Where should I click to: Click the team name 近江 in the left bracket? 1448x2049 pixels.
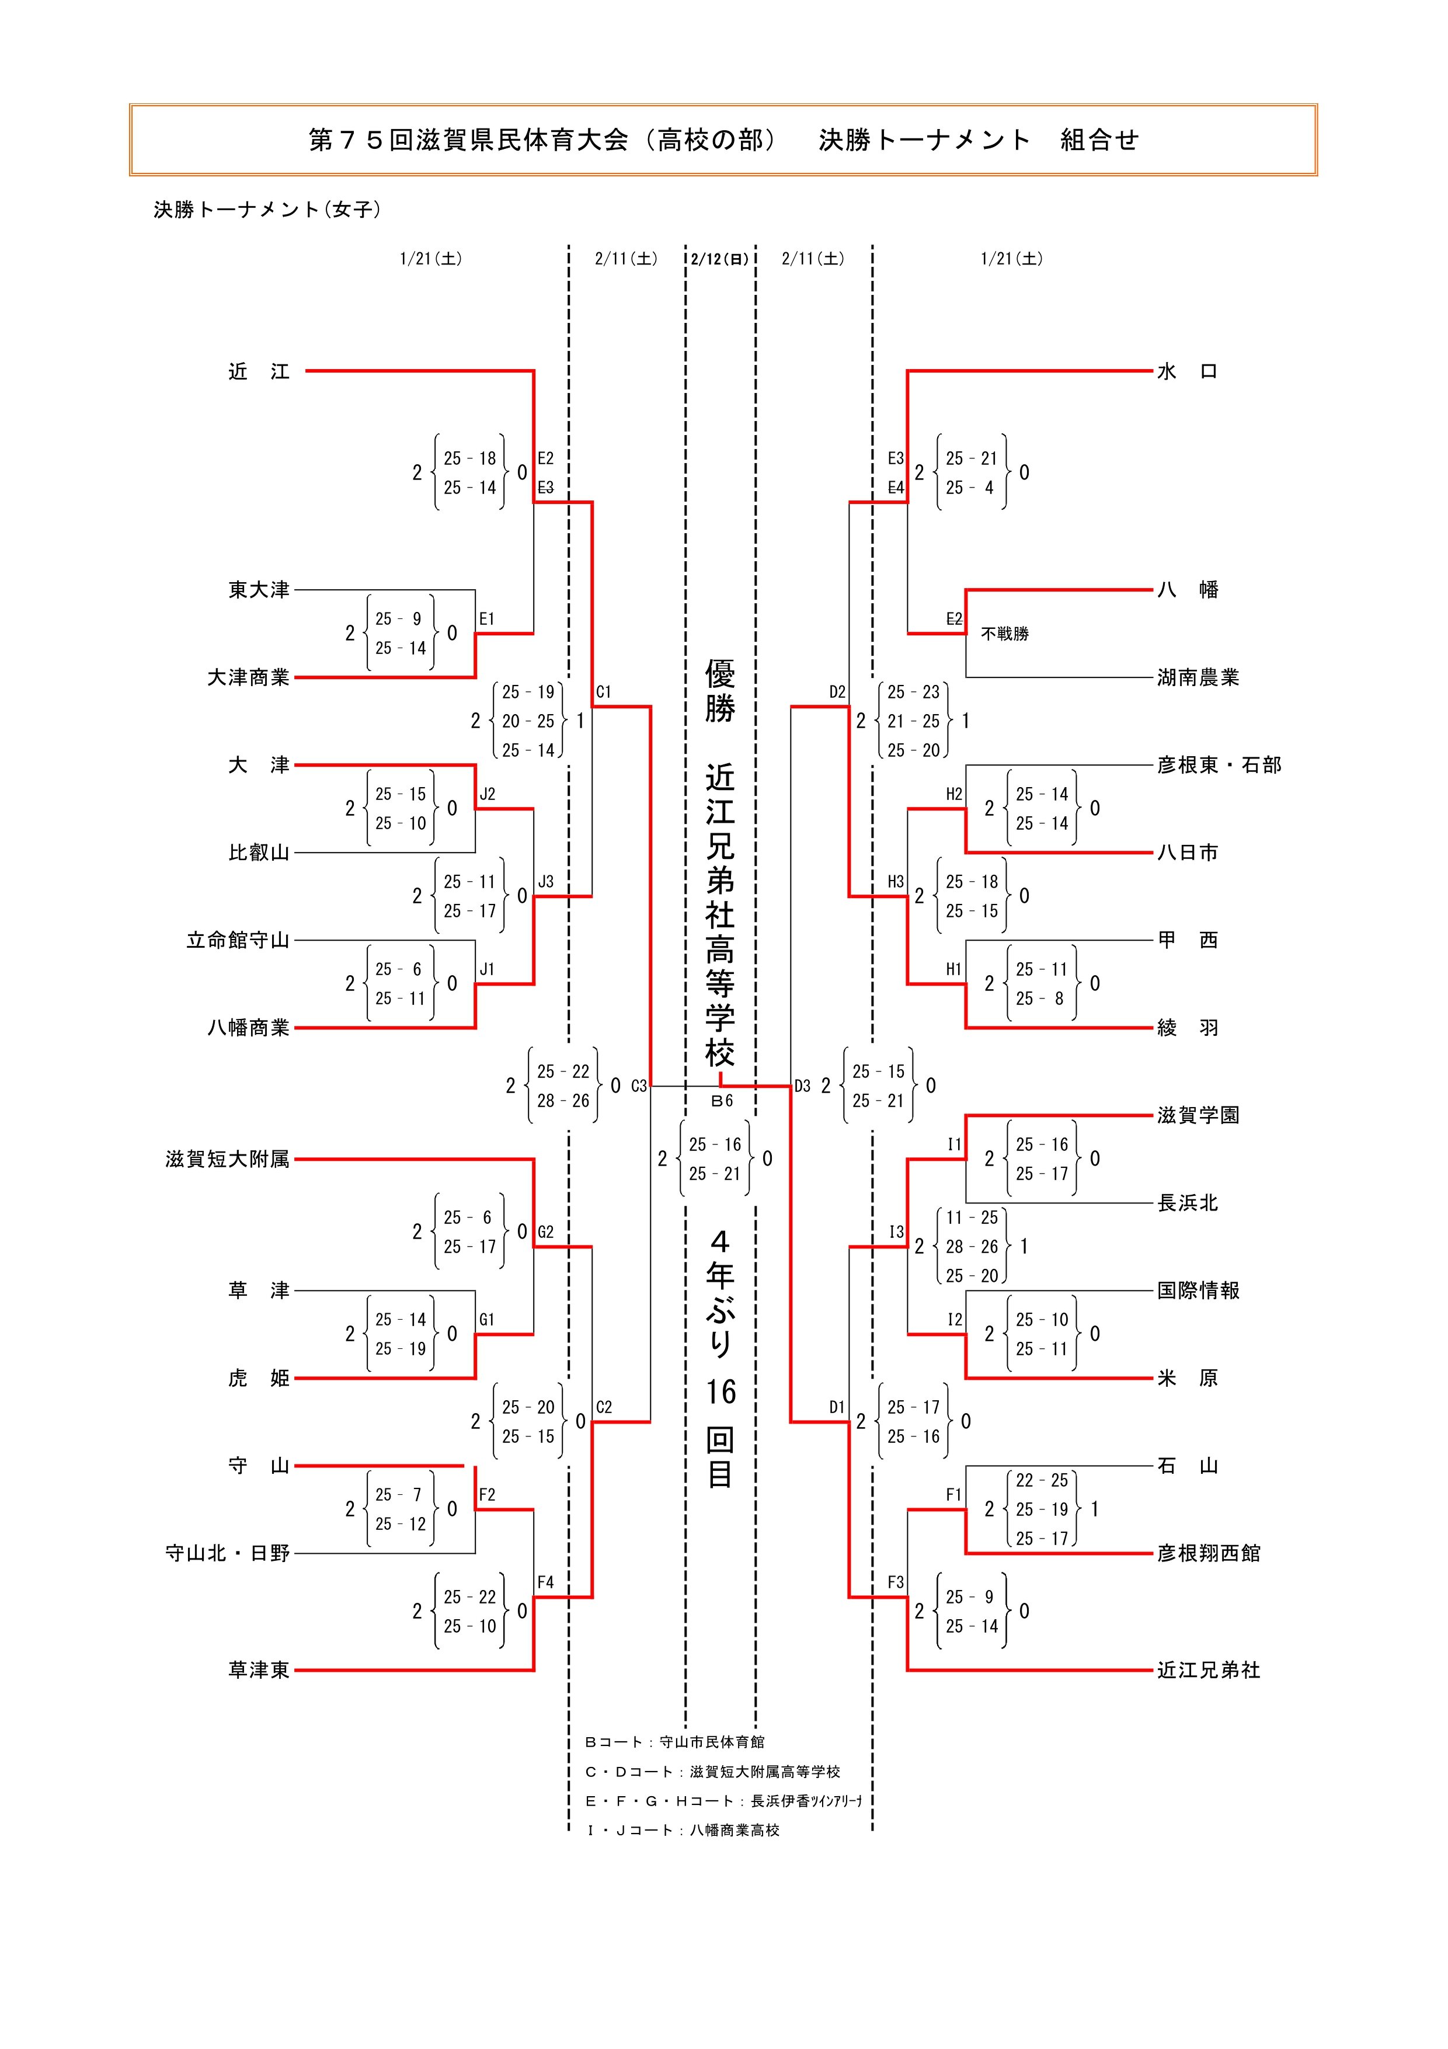pos(259,372)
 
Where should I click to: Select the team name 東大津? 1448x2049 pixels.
pos(259,590)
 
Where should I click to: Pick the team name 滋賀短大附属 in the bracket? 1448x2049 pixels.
pos(228,1159)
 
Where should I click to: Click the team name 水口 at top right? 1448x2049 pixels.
pos(1186,372)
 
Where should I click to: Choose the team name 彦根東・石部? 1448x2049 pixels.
pos(1219,766)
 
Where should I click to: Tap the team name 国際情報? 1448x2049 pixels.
pos(1198,1291)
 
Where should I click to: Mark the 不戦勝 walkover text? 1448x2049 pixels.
pos(1005,634)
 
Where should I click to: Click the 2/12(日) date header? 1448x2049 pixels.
pos(720,260)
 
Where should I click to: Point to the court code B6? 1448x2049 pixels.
pos(722,1101)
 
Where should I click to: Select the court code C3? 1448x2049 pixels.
pos(639,1086)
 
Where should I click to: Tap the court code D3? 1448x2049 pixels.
pos(802,1086)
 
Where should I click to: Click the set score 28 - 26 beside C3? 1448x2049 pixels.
pos(563,1101)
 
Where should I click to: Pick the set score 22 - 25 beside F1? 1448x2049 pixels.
pos(1041,1480)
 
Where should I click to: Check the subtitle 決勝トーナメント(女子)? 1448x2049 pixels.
pos(267,210)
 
